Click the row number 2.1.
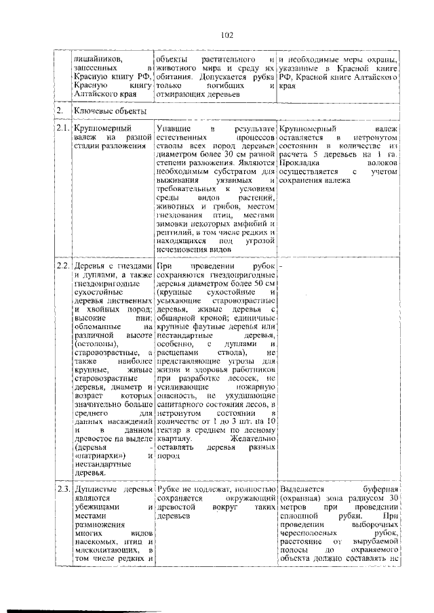(63, 127)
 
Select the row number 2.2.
(63, 266)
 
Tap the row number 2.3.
(63, 488)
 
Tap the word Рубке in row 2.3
(169, 488)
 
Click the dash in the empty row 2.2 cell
(281, 266)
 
